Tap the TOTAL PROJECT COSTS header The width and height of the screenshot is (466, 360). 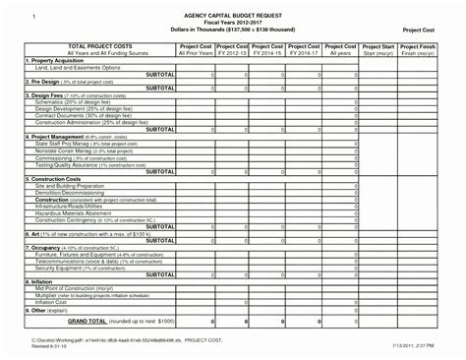[x=95, y=46]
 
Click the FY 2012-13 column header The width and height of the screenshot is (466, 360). [x=233, y=53]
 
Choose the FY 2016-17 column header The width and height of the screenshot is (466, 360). [x=304, y=53]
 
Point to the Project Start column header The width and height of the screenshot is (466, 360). [x=378, y=46]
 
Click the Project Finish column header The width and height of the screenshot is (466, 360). [x=420, y=46]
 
